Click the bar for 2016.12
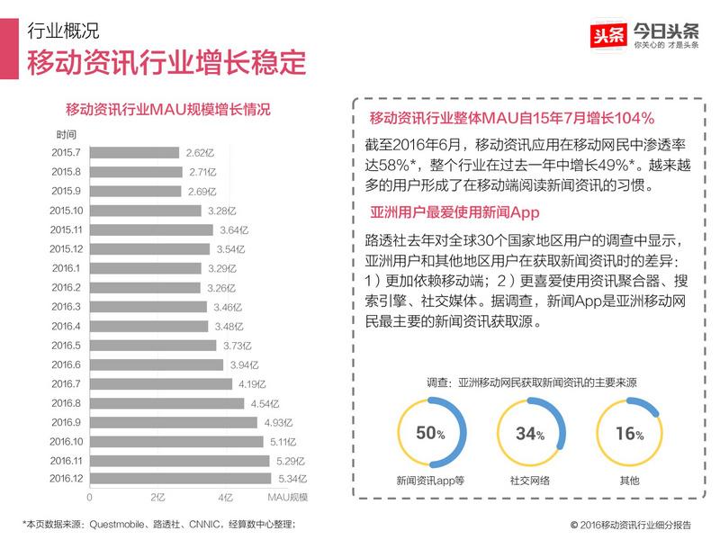[x=180, y=479]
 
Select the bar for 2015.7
[x=134, y=153]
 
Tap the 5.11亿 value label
[x=281, y=441]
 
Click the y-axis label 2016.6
[x=67, y=364]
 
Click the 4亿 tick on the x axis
[x=225, y=497]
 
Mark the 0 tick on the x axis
[x=89, y=497]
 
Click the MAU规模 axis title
[x=288, y=497]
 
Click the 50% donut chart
[x=430, y=433]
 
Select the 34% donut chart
[x=529, y=433]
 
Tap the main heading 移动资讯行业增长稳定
[x=166, y=65]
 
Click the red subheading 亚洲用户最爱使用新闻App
[x=454, y=213]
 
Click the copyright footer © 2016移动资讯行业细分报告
[x=630, y=524]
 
